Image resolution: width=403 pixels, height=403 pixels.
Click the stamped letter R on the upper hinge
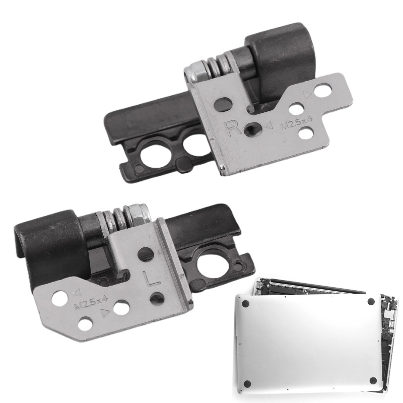[232, 128]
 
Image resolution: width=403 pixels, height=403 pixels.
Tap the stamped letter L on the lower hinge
[152, 279]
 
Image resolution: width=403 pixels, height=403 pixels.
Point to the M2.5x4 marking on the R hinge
[296, 124]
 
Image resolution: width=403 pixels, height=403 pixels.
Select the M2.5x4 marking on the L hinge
[90, 302]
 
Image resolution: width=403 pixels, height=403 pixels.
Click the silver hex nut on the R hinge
[195, 72]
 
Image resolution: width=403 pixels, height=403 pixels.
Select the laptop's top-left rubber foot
[246, 304]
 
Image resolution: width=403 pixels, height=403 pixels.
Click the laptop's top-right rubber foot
[371, 301]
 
